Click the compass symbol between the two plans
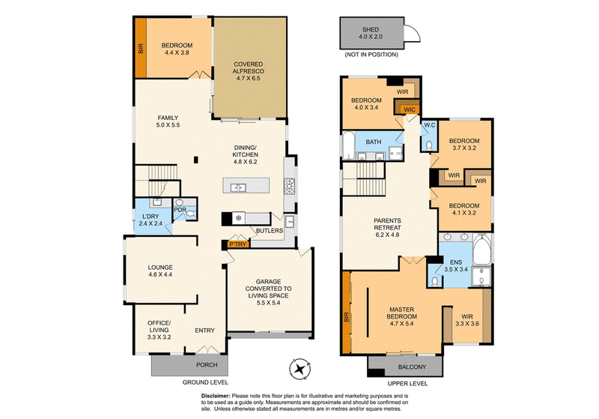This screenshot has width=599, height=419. coord(300,370)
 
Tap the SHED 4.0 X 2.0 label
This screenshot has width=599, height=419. coord(371,33)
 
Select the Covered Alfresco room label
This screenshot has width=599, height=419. coord(249,71)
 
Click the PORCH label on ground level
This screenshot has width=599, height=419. coord(207,365)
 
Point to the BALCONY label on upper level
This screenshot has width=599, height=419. coord(412,367)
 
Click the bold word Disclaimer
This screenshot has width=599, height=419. coord(216,396)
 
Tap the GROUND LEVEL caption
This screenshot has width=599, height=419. coord(205,382)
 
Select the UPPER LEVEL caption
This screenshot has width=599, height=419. coord(407,384)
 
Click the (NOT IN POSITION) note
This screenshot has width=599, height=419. coord(371,55)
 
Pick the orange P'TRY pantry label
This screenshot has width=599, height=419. coord(237,244)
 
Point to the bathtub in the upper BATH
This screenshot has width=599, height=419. coord(348,145)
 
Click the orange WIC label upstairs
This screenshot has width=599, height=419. coord(410,110)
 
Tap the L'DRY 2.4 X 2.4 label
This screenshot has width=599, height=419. coord(150,220)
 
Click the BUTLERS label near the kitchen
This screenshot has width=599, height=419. coord(270,231)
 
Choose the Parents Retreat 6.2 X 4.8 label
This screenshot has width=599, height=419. coord(387,228)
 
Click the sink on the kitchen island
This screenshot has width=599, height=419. coord(238,187)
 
